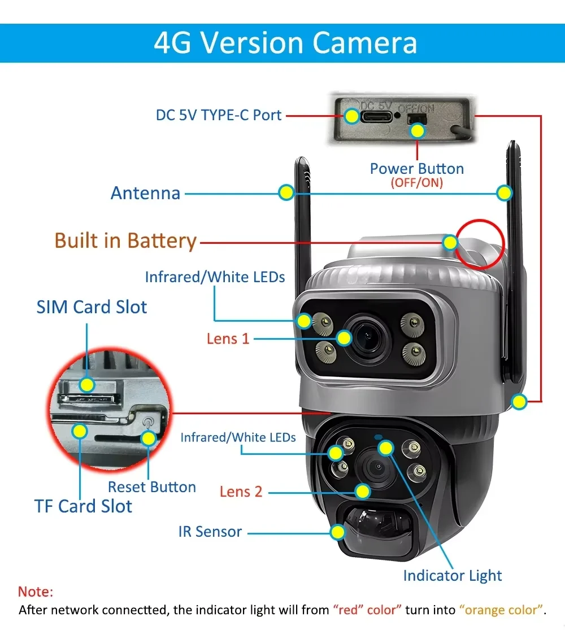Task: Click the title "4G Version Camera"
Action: (x=285, y=43)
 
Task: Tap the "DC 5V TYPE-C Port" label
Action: (x=219, y=115)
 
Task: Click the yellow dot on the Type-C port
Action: (x=352, y=116)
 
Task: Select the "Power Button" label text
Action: (x=416, y=169)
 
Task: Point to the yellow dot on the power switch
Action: (x=418, y=131)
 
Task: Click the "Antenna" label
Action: (x=145, y=193)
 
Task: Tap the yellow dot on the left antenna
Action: (x=286, y=192)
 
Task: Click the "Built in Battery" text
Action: (x=125, y=241)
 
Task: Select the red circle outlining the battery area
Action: (x=480, y=244)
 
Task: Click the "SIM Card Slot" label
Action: (x=92, y=308)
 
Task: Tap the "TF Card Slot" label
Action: (x=83, y=506)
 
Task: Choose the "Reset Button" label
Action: (x=152, y=487)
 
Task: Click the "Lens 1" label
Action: (x=228, y=339)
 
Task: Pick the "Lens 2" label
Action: (x=241, y=492)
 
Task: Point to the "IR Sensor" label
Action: (x=210, y=532)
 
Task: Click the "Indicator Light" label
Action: (x=452, y=576)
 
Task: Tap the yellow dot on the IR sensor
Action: (x=338, y=532)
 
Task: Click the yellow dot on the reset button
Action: (x=149, y=438)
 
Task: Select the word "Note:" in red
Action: (x=36, y=592)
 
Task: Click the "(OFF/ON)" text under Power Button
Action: (x=416, y=183)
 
